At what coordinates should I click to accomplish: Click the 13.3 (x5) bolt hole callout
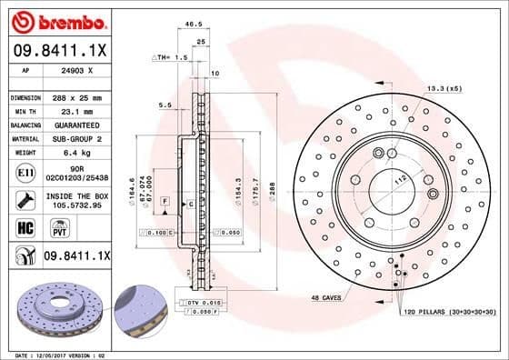[x=443, y=88]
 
